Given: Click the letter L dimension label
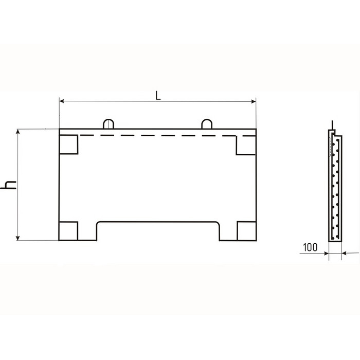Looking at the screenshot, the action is tap(158, 96).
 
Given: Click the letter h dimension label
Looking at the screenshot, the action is tap(8, 185).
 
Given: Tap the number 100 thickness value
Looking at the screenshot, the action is tap(310, 247).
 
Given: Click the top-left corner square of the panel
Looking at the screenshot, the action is tap(68, 145).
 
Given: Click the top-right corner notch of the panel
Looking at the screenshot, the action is tap(246, 145).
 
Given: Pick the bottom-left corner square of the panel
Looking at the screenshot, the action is tap(68, 231).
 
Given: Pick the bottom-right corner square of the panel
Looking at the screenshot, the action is tap(246, 231).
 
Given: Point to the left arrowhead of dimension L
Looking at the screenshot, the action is tap(62, 101).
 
